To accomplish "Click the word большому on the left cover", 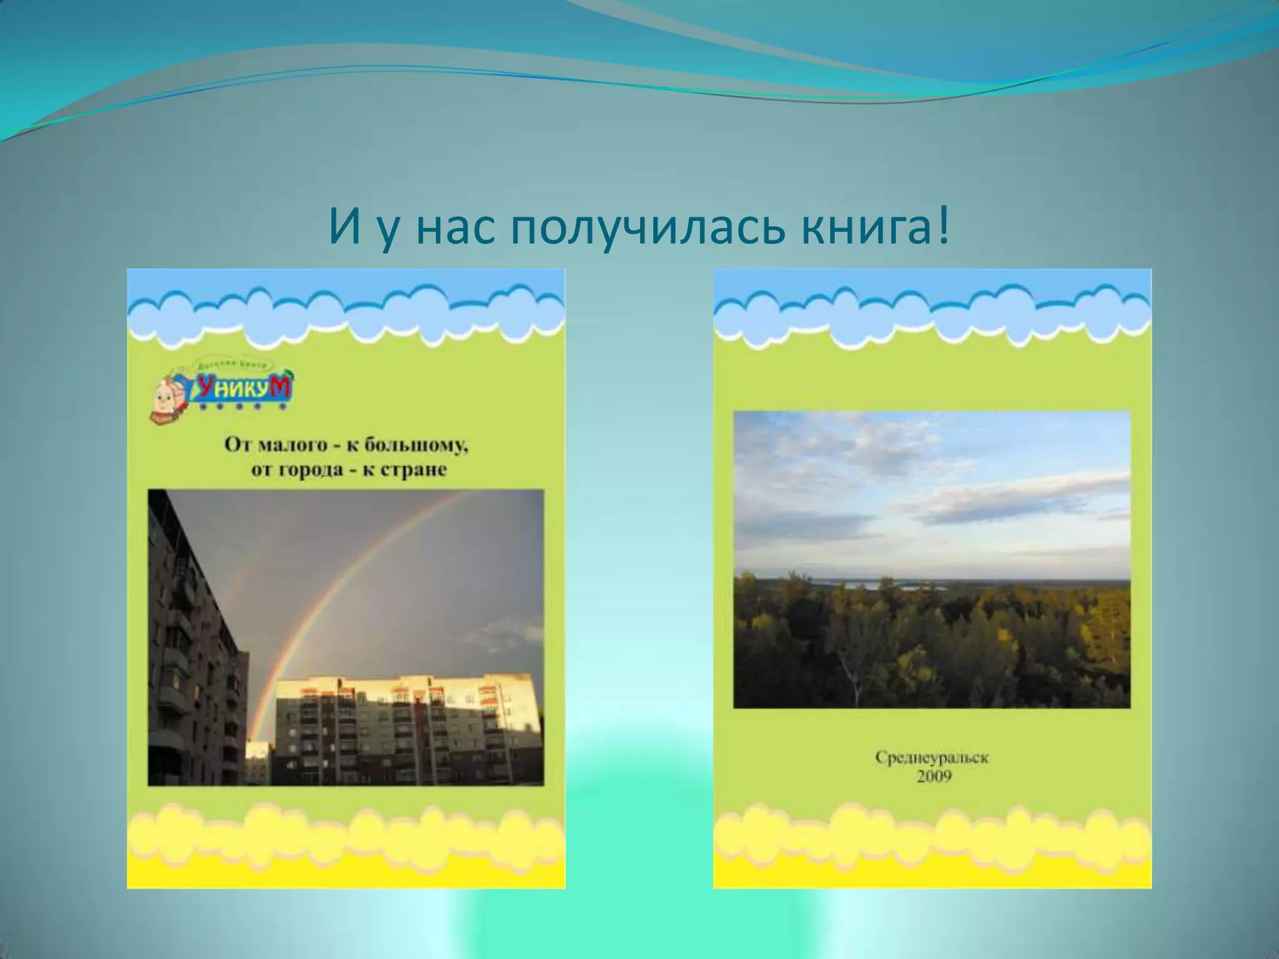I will (x=416, y=445).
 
